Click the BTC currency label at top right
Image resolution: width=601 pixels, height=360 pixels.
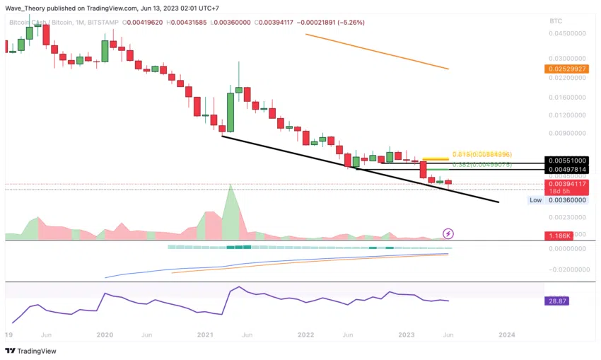pyautogui.click(x=555, y=21)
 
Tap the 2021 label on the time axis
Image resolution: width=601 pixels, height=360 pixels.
pyautogui.click(x=205, y=334)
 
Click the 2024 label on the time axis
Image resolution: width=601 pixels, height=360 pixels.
pyautogui.click(x=506, y=334)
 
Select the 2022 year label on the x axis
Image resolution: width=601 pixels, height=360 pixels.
pyautogui.click(x=305, y=334)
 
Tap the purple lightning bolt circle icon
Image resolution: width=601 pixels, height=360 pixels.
pyautogui.click(x=448, y=233)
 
